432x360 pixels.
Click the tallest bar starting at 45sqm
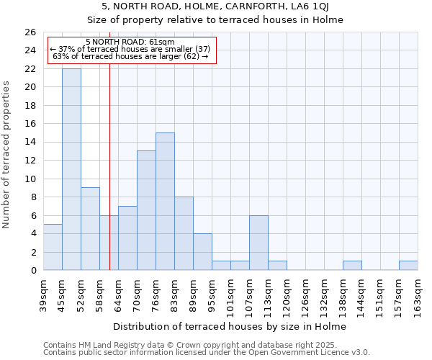(x=71, y=169)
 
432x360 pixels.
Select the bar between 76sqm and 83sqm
(x=165, y=202)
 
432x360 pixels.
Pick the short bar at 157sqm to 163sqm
(x=408, y=266)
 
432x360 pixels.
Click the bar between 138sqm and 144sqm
(x=352, y=266)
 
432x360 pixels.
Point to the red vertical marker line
(x=109, y=166)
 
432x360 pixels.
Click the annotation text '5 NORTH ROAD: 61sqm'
(x=130, y=42)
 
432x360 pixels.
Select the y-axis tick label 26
(x=30, y=32)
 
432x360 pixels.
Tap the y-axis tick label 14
(x=30, y=143)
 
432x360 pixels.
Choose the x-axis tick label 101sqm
(x=231, y=294)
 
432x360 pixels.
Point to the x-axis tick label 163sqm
(x=418, y=294)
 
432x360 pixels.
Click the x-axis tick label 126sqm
(x=306, y=294)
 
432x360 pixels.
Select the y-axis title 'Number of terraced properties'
(x=6, y=155)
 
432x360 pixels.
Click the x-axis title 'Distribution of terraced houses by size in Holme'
(x=230, y=326)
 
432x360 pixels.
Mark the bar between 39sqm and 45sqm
(x=53, y=247)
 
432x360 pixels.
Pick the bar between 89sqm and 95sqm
(x=202, y=252)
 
